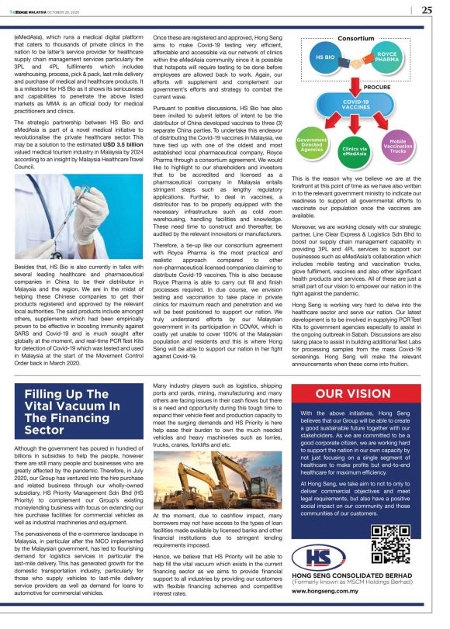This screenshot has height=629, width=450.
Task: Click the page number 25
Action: [426, 10]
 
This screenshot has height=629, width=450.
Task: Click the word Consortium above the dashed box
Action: [356, 36]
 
